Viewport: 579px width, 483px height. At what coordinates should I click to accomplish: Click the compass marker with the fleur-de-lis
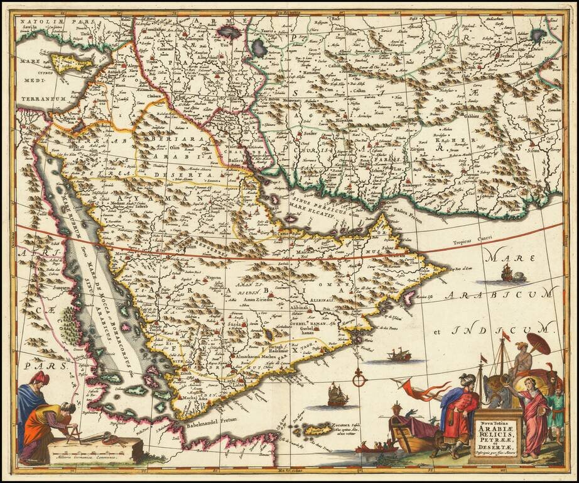[359, 380]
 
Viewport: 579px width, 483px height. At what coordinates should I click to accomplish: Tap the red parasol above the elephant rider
[538, 343]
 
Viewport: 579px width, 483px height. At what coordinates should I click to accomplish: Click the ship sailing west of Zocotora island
[337, 396]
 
